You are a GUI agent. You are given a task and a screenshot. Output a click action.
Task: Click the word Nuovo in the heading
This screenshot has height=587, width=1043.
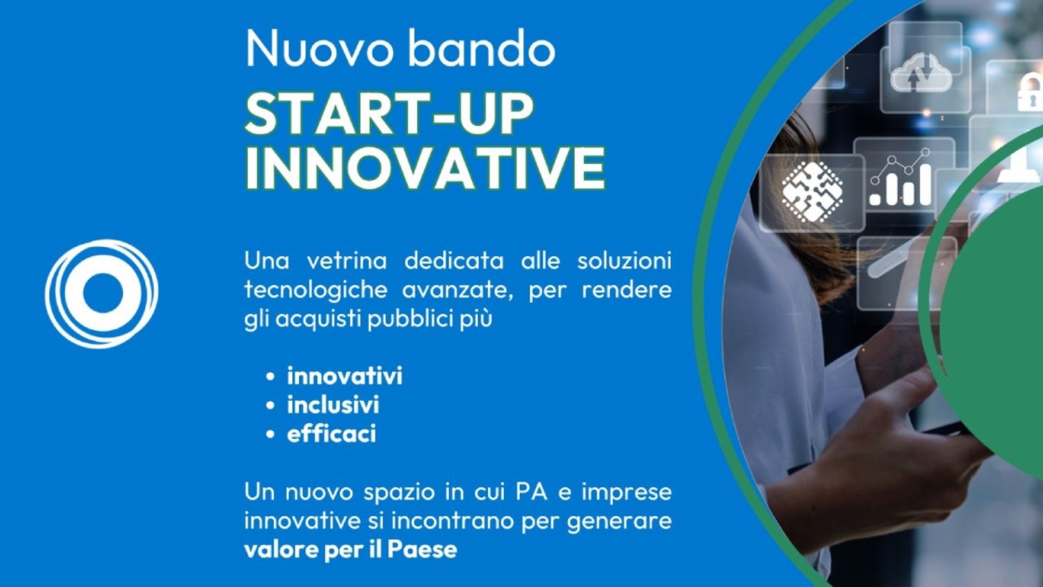click(319, 48)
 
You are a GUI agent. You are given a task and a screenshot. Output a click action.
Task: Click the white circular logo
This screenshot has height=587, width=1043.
click(102, 293)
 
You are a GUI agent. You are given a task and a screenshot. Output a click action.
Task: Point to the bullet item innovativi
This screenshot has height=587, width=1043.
click(344, 376)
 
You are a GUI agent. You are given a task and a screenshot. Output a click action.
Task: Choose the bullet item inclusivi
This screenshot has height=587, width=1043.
click(333, 405)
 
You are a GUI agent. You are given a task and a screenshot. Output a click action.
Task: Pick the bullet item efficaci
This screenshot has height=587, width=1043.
click(331, 434)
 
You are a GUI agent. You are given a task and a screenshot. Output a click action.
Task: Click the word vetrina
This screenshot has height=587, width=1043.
click(347, 261)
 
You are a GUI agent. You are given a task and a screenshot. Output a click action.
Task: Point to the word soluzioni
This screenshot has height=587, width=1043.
click(624, 261)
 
